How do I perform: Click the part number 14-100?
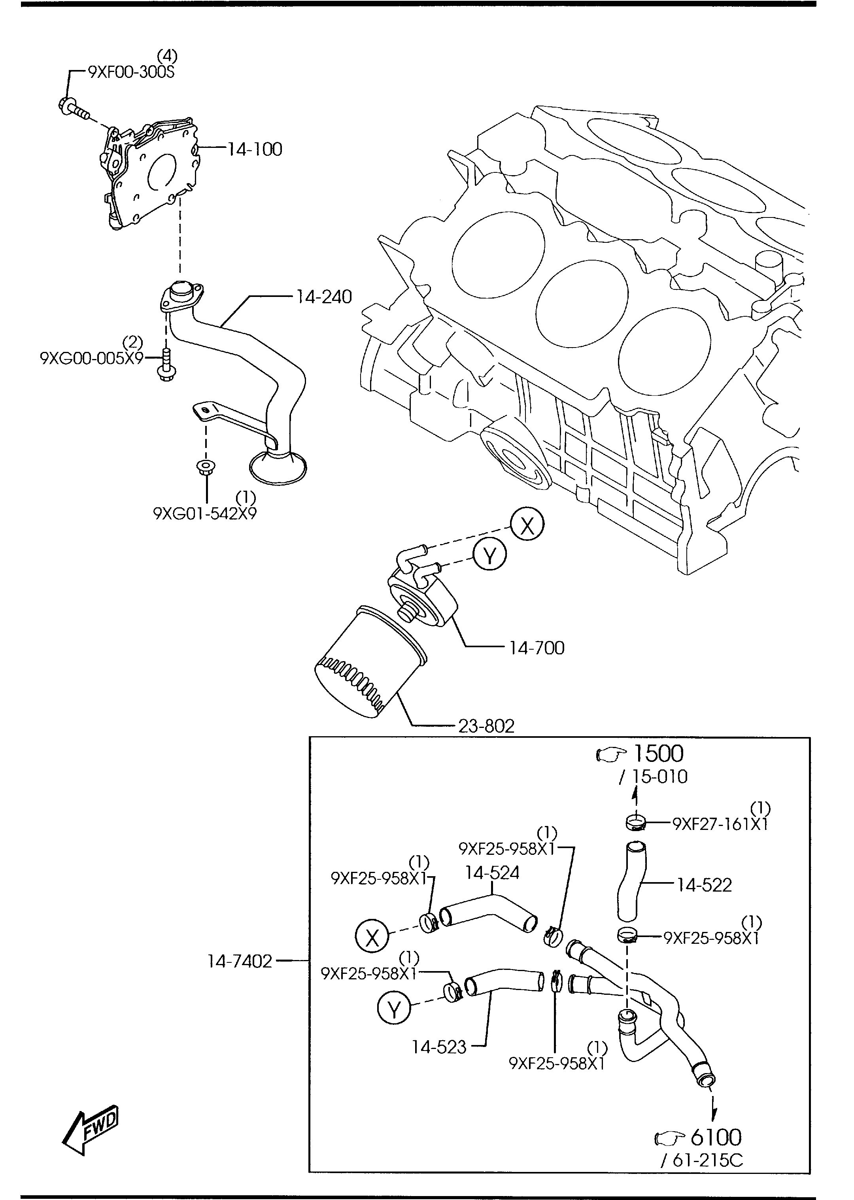pyautogui.click(x=255, y=149)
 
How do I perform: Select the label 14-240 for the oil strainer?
pyautogui.click(x=323, y=297)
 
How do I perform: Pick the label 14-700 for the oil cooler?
pyautogui.click(x=537, y=648)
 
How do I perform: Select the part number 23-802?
pyautogui.click(x=486, y=726)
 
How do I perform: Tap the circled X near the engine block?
pyautogui.click(x=527, y=525)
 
